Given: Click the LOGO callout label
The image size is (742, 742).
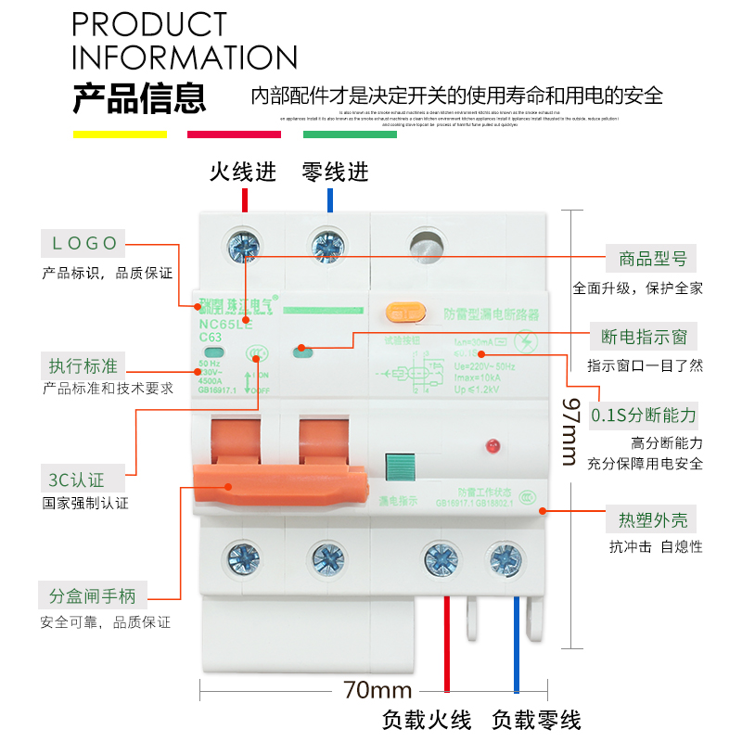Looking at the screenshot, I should tap(84, 244).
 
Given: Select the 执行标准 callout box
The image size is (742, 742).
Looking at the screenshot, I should tap(85, 364).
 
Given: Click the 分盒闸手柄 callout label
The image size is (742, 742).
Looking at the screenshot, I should tap(93, 595).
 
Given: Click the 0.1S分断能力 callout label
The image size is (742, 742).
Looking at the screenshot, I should tap(644, 415).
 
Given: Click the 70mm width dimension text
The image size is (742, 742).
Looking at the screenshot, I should tap(377, 690).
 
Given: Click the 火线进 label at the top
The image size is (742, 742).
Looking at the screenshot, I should tap(243, 173).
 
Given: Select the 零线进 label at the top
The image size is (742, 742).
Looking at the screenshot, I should tap(336, 173).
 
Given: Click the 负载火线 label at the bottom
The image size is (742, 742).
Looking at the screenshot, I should tap(427, 720).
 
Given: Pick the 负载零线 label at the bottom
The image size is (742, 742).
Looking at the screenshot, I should tap(536, 720).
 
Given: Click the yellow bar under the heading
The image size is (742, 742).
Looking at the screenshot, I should tap(120, 134).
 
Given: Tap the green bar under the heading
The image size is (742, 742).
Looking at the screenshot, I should tap(350, 134).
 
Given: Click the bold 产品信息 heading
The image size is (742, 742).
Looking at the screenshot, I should tap(139, 97).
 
